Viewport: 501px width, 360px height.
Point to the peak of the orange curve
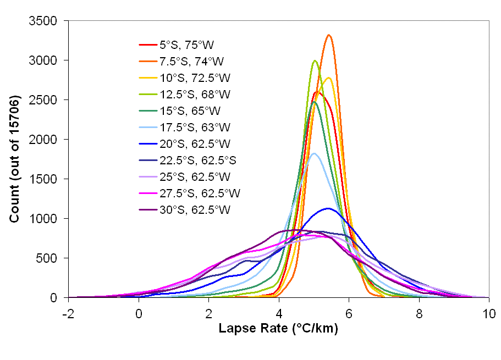329,35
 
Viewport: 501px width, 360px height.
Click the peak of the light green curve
315,61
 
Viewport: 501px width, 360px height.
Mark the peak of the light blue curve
314,153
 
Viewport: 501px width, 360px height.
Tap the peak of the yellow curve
328,77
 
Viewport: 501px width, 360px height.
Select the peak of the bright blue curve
328,208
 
